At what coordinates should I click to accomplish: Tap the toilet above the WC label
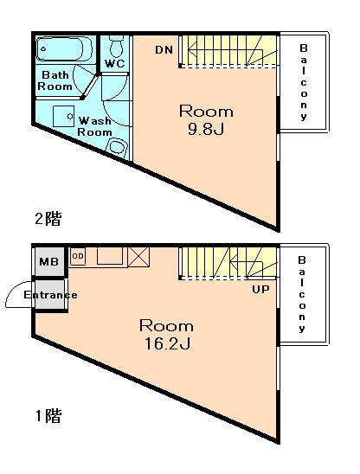(x=116, y=46)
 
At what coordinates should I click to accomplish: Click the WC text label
(x=114, y=63)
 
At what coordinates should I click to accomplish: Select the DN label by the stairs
(x=164, y=50)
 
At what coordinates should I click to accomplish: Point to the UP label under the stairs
(x=260, y=290)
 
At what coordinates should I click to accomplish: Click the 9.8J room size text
(x=206, y=130)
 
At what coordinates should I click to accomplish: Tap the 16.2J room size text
(x=167, y=343)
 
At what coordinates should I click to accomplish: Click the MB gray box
(x=49, y=261)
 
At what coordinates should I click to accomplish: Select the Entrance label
(x=50, y=295)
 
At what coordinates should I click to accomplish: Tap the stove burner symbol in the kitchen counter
(x=78, y=256)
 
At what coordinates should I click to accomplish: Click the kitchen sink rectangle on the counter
(x=110, y=256)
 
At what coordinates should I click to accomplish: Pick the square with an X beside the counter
(x=138, y=257)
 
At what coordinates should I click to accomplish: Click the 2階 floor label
(x=48, y=219)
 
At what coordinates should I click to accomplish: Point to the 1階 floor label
(x=48, y=416)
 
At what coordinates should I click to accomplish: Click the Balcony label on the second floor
(x=303, y=82)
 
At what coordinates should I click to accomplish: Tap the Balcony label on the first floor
(x=302, y=294)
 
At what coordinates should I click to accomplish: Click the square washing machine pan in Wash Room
(x=63, y=116)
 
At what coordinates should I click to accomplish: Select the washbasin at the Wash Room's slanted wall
(x=116, y=147)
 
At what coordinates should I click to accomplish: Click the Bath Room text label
(x=55, y=80)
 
